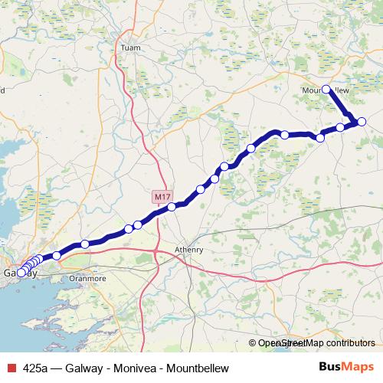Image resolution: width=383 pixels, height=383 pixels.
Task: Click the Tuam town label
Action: (x=128, y=47)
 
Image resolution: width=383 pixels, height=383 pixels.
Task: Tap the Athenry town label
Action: (x=189, y=249)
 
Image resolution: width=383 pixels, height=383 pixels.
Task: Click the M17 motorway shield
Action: (x=160, y=197)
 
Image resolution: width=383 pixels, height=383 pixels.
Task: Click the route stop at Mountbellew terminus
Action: (x=326, y=89)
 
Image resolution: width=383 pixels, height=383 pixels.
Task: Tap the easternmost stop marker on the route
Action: (x=362, y=121)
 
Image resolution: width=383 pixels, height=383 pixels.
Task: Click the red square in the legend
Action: (x=9, y=368)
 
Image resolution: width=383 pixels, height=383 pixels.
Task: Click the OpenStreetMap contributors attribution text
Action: (x=316, y=344)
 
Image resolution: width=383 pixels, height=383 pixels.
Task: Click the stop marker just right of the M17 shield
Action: (x=172, y=206)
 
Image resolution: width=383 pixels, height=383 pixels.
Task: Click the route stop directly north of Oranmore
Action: (x=85, y=244)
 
